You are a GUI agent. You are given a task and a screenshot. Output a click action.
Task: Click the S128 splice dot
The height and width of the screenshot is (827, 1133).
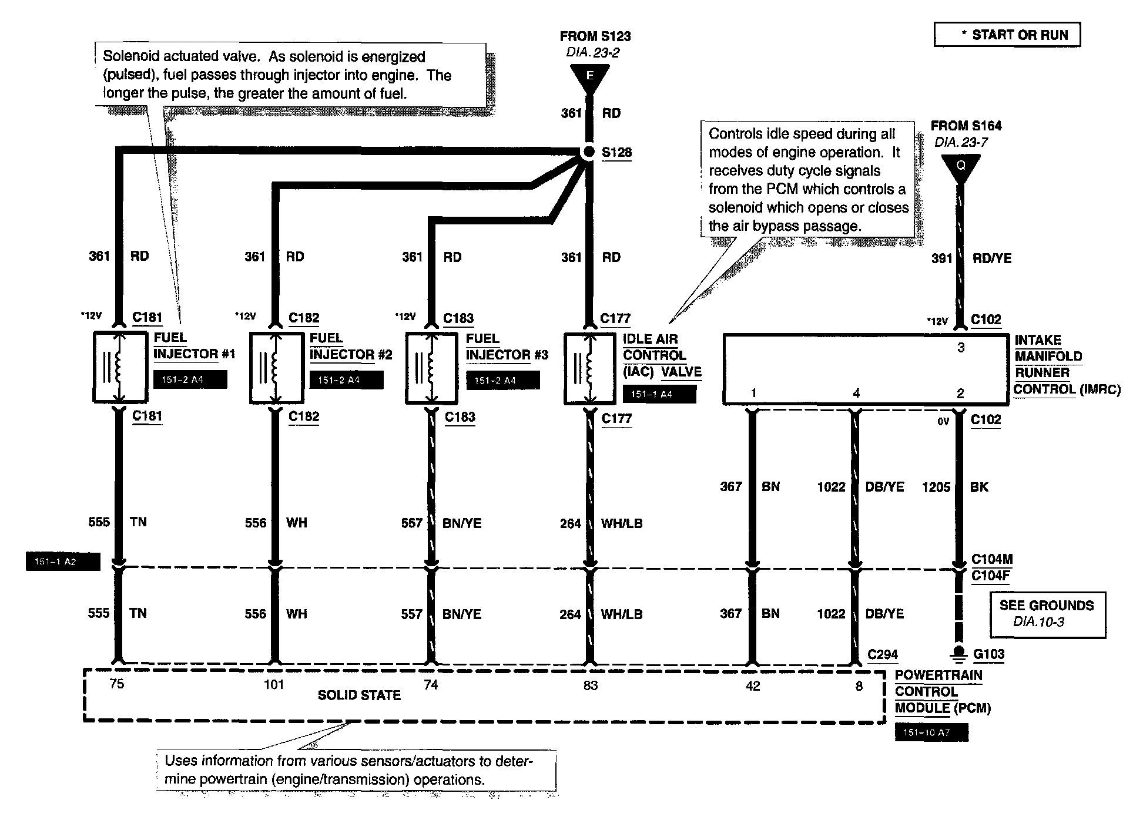pyautogui.click(x=589, y=152)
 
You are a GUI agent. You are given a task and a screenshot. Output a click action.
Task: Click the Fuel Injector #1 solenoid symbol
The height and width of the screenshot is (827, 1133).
pyautogui.click(x=120, y=367)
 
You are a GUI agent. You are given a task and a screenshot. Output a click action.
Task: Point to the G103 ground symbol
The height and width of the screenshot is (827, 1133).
pyautogui.click(x=958, y=654)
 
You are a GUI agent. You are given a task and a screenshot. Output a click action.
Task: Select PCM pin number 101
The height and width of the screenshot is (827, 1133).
pyautogui.click(x=274, y=684)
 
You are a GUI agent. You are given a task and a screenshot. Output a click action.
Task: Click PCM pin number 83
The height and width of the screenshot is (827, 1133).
pyautogui.click(x=590, y=685)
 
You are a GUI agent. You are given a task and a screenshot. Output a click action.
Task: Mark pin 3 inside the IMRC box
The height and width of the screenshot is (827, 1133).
pyautogui.click(x=961, y=348)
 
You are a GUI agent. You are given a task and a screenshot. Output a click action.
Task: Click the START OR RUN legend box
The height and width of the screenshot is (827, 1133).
pyautogui.click(x=1007, y=35)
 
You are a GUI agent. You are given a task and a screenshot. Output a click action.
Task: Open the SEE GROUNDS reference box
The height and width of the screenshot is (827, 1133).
pyautogui.click(x=1047, y=614)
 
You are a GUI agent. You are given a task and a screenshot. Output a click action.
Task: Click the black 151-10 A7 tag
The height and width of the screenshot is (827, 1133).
pyautogui.click(x=931, y=732)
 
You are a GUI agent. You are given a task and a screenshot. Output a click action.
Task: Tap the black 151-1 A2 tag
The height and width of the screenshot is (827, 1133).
pyautogui.click(x=63, y=562)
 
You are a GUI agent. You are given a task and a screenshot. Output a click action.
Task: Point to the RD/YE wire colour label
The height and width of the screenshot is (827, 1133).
pyautogui.click(x=992, y=258)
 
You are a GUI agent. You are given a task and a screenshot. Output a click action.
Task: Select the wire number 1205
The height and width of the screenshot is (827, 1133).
pyautogui.click(x=936, y=487)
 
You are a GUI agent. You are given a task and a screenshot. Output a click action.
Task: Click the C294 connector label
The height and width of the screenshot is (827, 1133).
pyautogui.click(x=883, y=654)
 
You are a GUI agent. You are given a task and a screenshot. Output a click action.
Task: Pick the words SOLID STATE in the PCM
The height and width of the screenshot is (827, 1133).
pyautogui.click(x=359, y=695)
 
